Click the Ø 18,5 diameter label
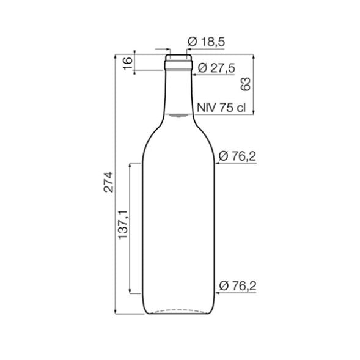point(206,42)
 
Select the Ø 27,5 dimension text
point(216,68)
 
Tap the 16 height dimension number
point(128,64)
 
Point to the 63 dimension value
point(245,84)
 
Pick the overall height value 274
point(108,182)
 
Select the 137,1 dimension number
point(123,225)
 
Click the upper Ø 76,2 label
point(237,156)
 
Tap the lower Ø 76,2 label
point(238,286)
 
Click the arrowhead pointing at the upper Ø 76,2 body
point(218,163)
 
